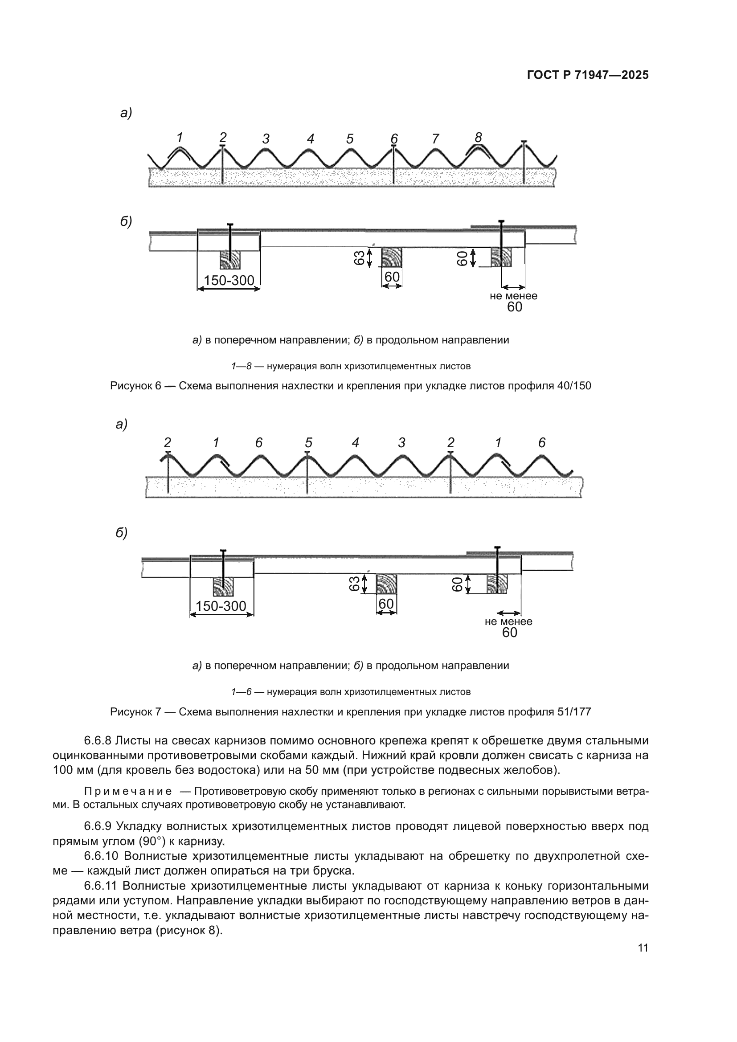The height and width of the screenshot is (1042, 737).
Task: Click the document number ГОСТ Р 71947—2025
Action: (x=588, y=75)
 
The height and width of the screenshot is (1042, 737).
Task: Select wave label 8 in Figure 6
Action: (x=478, y=137)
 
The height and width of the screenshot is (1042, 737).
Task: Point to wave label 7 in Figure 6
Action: (x=435, y=139)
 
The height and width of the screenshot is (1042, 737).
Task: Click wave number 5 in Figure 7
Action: (x=309, y=442)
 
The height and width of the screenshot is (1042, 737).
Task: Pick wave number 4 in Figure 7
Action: (x=355, y=442)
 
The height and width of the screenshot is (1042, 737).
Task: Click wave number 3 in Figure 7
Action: (x=401, y=442)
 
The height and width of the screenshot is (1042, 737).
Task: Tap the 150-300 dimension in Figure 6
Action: (x=229, y=281)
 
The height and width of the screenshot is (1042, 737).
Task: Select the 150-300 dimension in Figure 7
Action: (x=221, y=606)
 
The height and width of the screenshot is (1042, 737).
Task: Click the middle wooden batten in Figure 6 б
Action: (x=391, y=258)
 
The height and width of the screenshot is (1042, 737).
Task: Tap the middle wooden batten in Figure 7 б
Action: (x=387, y=584)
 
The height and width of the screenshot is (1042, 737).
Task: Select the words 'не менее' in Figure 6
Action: (x=513, y=296)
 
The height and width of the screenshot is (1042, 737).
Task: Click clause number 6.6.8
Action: (x=98, y=741)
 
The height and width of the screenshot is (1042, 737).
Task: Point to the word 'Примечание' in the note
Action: (x=128, y=792)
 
